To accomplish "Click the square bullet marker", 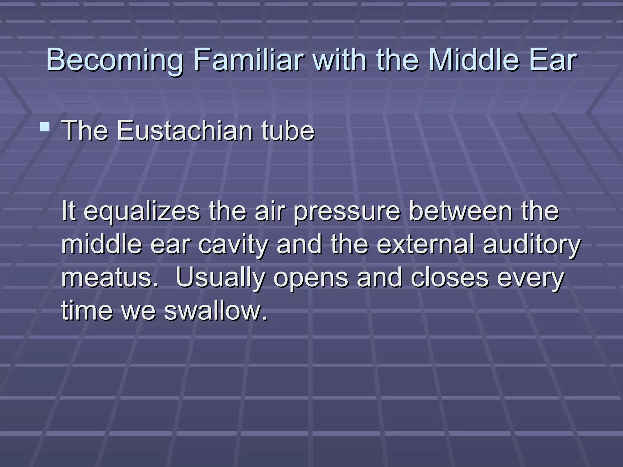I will tap(45, 126).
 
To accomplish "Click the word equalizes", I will tap(142, 212).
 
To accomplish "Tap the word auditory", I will tap(532, 245).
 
